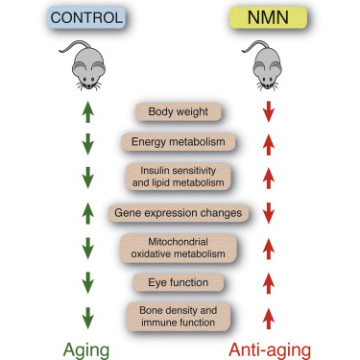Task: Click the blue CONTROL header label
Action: click(87, 18)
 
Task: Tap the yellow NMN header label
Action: click(269, 18)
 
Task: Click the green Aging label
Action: click(87, 347)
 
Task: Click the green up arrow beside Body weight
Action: click(87, 111)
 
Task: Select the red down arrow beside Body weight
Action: click(269, 111)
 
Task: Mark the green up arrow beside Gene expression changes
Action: click(87, 211)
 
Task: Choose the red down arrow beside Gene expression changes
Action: click(269, 211)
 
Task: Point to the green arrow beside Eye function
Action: click(87, 282)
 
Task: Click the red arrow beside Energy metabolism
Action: click(269, 143)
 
